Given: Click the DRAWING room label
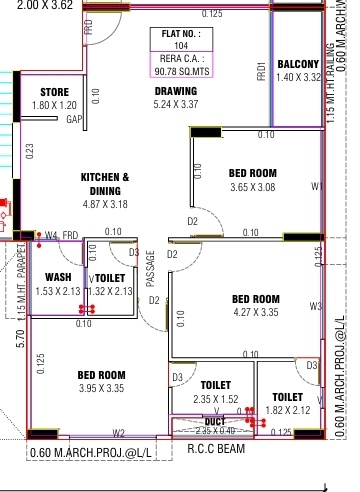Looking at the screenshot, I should pyautogui.click(x=175, y=91).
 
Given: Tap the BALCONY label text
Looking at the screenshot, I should pyautogui.click(x=297, y=63).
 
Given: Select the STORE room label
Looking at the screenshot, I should pyautogui.click(x=54, y=91).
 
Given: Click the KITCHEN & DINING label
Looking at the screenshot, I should pyautogui.click(x=105, y=183).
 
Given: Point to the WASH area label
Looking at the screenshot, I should pyautogui.click(x=58, y=277).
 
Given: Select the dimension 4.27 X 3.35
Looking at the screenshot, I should pyautogui.click(x=255, y=312).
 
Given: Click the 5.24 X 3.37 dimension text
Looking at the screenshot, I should pyautogui.click(x=175, y=104).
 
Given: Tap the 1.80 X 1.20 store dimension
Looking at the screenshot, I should pyautogui.click(x=54, y=104).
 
